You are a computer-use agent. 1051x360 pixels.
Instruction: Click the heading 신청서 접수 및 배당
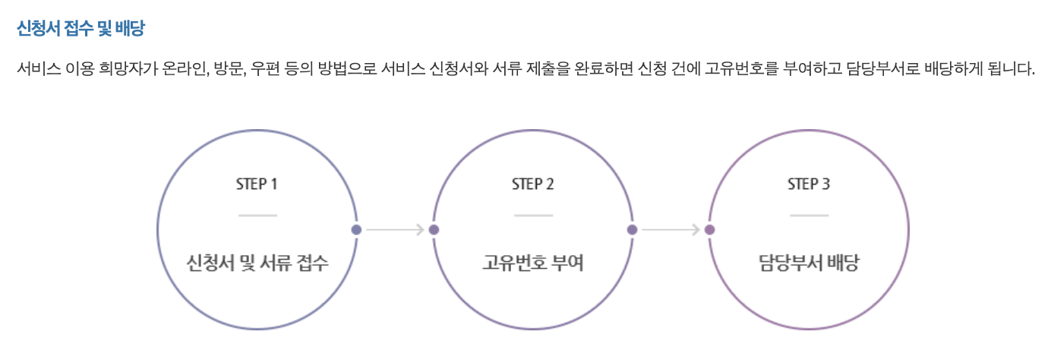pos(80,30)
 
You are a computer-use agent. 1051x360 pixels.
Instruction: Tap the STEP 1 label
pos(257,185)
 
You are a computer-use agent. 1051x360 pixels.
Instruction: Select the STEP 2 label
pos(532,185)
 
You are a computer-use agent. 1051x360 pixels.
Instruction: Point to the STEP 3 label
pos(808,185)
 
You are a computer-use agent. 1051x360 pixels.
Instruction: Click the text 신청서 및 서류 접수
pos(257,264)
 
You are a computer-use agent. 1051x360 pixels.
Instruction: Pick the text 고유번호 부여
pos(532,264)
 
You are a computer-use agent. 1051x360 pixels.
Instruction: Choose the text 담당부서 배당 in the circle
pos(808,264)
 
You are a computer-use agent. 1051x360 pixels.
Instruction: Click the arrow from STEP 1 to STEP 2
pos(395,229)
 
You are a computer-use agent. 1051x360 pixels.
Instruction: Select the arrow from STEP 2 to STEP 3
pos(671,229)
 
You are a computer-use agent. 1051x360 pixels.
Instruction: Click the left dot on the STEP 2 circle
pos(434,229)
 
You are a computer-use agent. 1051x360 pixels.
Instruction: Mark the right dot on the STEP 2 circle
pos(632,229)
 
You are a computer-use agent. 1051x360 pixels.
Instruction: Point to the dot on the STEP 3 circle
pos(709,229)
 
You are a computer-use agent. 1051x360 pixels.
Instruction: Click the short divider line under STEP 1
pos(257,216)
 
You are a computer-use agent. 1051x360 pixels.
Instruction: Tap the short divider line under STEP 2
pos(532,216)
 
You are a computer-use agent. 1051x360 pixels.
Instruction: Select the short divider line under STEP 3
pos(808,216)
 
